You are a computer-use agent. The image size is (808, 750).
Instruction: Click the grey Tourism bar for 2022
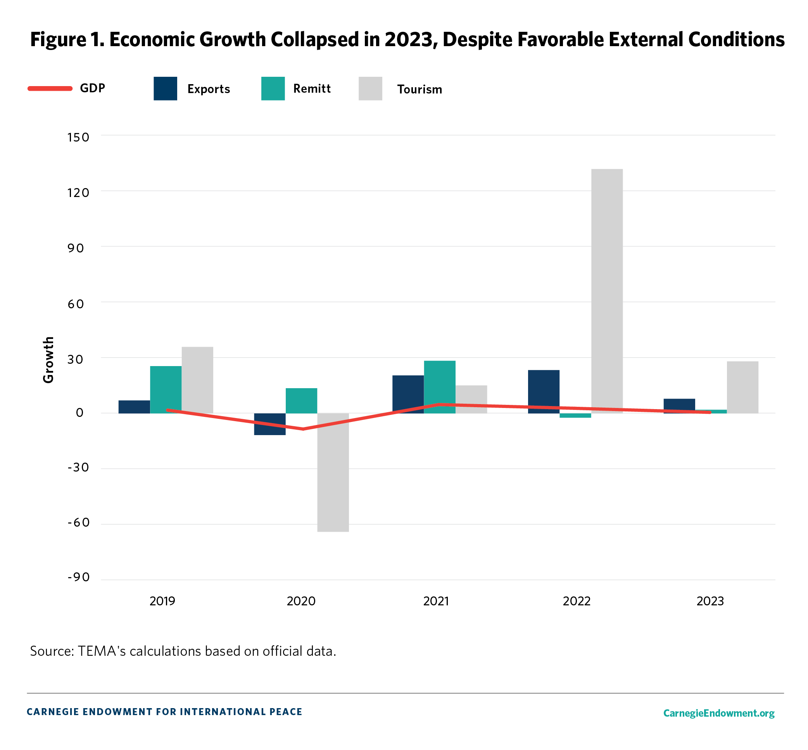(x=606, y=290)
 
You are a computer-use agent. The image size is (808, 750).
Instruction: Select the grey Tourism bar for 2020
(x=333, y=472)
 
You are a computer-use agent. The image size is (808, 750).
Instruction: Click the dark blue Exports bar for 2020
(x=269, y=424)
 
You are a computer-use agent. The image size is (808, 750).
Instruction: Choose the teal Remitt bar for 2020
(x=301, y=400)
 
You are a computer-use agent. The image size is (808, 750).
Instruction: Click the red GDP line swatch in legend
(x=50, y=88)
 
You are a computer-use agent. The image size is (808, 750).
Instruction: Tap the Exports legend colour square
(x=165, y=88)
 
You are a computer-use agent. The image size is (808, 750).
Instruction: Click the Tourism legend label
(x=419, y=89)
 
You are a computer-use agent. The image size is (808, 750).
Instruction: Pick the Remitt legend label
(x=312, y=88)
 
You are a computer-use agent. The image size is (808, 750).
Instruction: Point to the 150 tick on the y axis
(x=78, y=137)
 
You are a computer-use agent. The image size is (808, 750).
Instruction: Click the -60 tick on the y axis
(x=78, y=522)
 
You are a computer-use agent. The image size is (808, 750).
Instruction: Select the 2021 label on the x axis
(x=436, y=601)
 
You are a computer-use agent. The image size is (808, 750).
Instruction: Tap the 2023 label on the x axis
(x=710, y=601)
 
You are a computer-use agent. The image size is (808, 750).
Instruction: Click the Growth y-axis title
(x=49, y=359)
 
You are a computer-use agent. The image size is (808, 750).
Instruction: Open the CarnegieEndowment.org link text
(x=718, y=713)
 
